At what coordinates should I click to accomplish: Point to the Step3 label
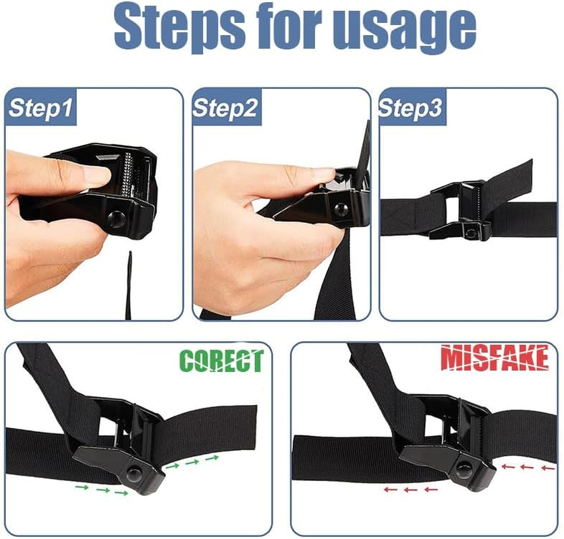tap(411, 108)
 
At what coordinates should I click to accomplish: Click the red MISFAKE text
tap(495, 358)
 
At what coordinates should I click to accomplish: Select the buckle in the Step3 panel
tap(459, 210)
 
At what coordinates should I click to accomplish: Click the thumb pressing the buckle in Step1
tap(84, 177)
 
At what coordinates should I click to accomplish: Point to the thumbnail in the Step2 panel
tap(316, 177)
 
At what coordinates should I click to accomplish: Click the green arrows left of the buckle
tap(101, 490)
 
